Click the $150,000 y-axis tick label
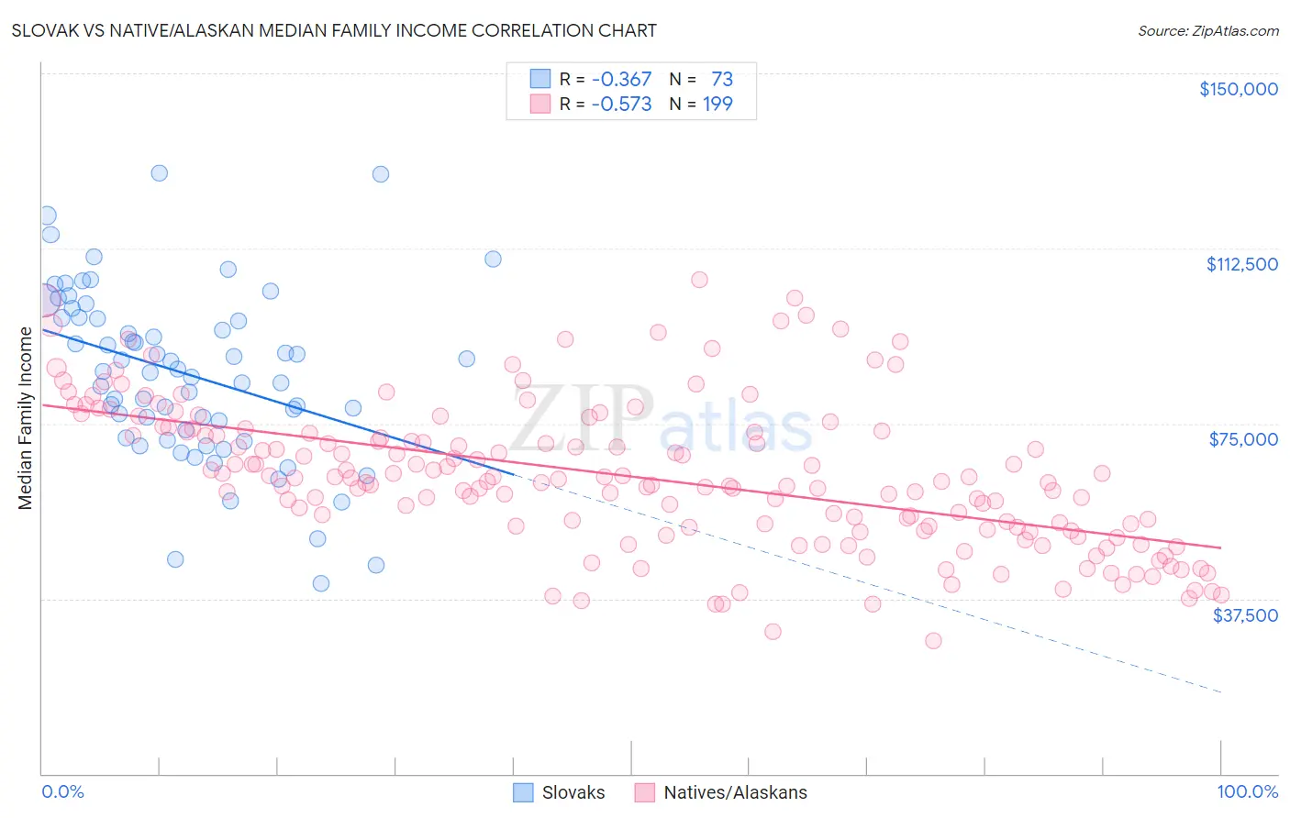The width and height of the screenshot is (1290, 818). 1238,89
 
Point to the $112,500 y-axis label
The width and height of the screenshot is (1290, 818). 1241,264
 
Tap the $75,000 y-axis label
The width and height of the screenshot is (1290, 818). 1243,439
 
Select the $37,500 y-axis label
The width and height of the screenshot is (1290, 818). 1245,615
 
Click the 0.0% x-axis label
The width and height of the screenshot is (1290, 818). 63,791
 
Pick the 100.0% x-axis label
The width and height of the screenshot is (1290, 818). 1247,791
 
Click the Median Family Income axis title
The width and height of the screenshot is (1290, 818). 26,418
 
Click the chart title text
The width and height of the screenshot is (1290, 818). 335,30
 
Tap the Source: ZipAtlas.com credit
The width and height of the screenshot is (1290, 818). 1207,31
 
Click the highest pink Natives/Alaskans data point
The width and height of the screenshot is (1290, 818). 699,280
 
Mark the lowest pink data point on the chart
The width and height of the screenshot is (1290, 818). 933,640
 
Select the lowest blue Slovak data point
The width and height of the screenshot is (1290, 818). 321,583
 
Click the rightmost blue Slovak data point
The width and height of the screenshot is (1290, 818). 493,259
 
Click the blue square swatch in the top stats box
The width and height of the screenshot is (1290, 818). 539,80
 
